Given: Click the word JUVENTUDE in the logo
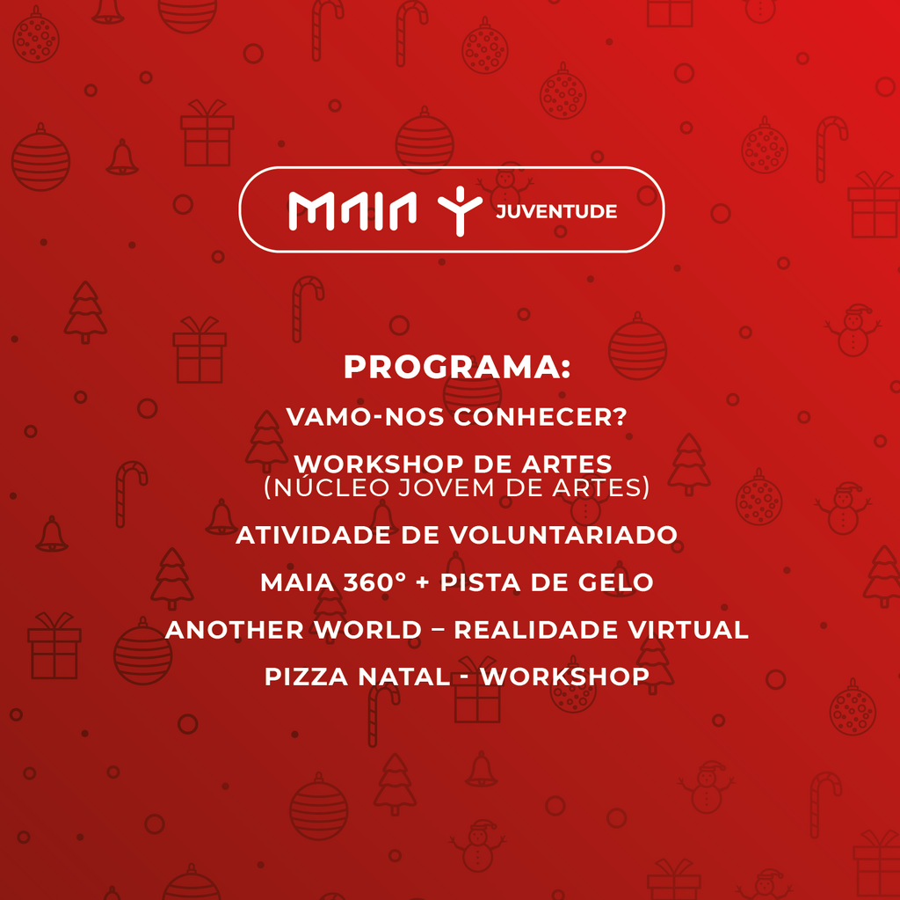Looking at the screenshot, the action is point(556,211).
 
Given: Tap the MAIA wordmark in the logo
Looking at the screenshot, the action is point(352,210).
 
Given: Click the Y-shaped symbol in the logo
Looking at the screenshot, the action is point(460,211).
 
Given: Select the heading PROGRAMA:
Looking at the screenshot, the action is point(457,367).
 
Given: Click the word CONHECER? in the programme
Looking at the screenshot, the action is point(540,417).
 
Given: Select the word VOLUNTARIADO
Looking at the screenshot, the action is point(563,535).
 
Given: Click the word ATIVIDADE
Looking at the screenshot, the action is point(314,535).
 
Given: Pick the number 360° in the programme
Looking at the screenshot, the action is point(374,582).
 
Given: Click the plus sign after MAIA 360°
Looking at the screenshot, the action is point(423,582).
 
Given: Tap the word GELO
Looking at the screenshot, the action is point(615,582).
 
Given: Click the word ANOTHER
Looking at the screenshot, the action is point(235,630).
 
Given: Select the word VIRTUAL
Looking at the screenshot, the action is point(687,630).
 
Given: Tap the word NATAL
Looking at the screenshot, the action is point(404,677).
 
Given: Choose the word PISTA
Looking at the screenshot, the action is point(481,582).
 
